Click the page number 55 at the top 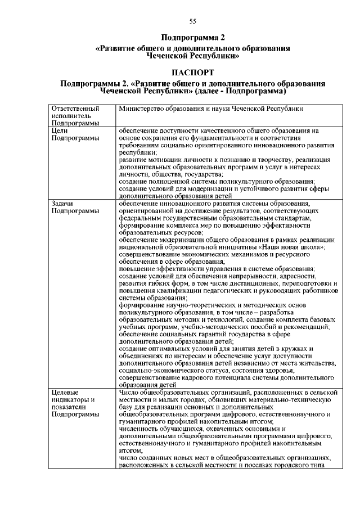click(192, 21)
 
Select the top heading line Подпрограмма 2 click(193, 38)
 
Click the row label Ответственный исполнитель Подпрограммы click(75, 115)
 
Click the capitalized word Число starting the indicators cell click(130, 392)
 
